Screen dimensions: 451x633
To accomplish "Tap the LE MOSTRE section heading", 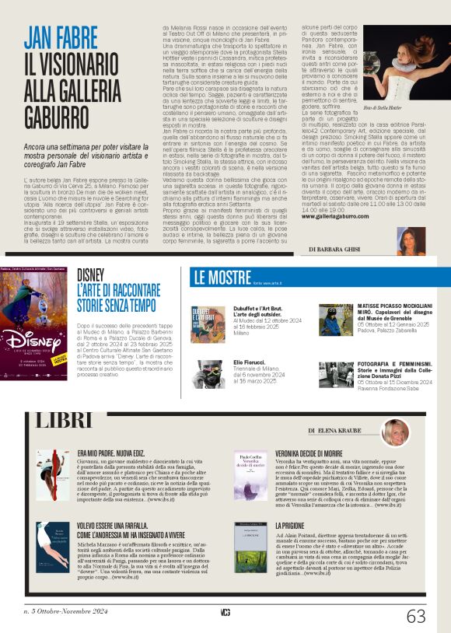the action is pyautogui.click(x=219, y=277).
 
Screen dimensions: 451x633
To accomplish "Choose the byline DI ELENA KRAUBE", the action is pyautogui.click(x=340, y=429).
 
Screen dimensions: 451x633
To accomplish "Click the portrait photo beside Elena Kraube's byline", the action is pyautogui.click(x=395, y=432).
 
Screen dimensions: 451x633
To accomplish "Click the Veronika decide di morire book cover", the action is pyautogui.click(x=250, y=469).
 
